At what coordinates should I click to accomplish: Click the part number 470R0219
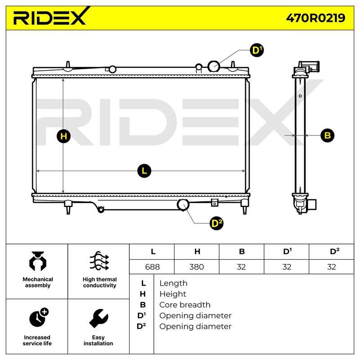(315, 18)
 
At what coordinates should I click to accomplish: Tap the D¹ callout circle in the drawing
(256, 50)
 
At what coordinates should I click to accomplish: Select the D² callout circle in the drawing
(216, 223)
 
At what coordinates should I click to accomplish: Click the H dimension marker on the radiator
(63, 136)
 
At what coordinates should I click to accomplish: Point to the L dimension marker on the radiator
(144, 171)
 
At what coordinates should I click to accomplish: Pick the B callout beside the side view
(328, 135)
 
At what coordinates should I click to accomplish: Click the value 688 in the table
(152, 267)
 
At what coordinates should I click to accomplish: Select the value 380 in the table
(197, 267)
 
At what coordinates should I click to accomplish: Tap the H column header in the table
(197, 252)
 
